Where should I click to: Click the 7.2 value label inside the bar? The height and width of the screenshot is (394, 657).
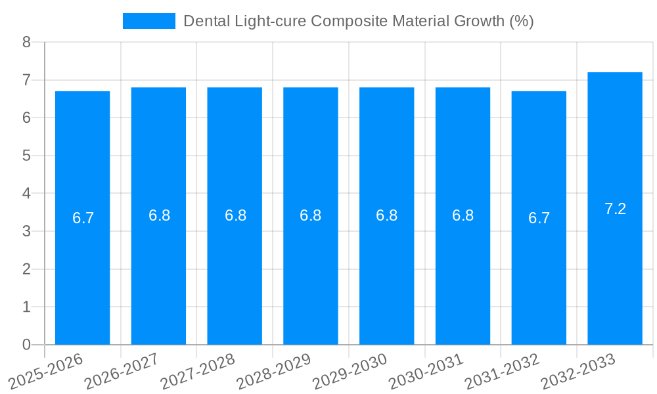pos(615,209)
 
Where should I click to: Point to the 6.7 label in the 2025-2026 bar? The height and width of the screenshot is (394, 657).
pos(83,219)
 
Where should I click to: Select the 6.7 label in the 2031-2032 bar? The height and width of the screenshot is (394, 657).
pos(539,219)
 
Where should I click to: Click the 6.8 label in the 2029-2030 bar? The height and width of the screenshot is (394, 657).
pos(386,215)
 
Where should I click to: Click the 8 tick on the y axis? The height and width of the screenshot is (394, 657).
pos(26,43)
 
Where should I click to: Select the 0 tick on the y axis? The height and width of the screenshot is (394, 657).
pos(26,345)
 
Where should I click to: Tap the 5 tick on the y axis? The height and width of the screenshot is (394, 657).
pos(26,156)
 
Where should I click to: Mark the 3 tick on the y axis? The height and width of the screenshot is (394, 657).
pos(26,231)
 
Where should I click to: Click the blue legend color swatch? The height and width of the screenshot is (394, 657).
pos(149,21)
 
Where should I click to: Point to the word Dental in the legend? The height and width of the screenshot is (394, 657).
pos(203,21)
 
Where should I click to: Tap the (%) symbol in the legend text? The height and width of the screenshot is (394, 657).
pos(521,21)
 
